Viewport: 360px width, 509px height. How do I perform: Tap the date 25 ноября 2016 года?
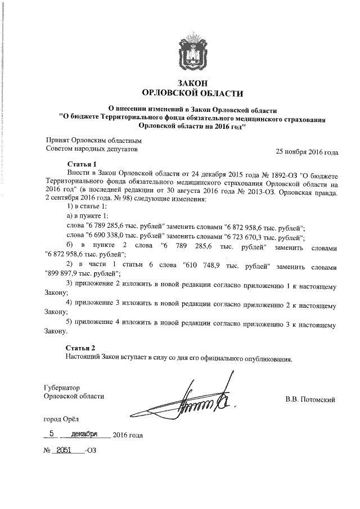click(x=306, y=152)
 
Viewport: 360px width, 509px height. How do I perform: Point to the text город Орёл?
click(x=62, y=419)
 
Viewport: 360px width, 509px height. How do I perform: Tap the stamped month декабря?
click(x=82, y=434)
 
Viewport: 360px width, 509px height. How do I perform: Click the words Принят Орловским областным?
click(x=93, y=141)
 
